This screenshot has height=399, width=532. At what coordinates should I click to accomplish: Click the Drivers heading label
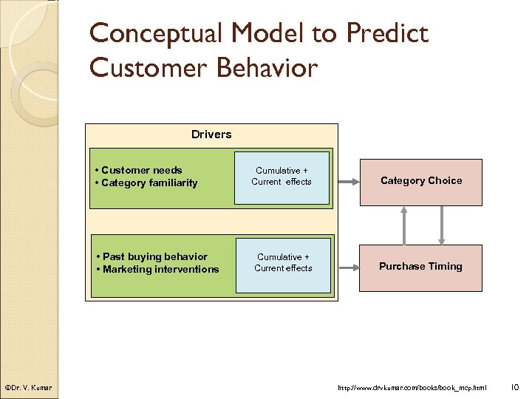211,134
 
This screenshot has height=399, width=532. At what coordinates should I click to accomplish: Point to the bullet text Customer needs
142,170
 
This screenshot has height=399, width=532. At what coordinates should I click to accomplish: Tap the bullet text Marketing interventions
158,270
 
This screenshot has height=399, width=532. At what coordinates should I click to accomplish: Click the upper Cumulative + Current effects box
282,177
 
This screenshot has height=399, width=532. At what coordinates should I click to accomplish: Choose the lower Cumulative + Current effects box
283,262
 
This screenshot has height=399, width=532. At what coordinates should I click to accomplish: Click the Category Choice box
420,181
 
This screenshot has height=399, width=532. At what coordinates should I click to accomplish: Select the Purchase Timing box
420,267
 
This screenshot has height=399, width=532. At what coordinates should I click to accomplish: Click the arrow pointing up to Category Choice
404,225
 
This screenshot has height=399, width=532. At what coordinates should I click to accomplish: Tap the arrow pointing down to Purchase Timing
442,225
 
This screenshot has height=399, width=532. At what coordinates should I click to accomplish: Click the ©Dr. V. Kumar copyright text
27,387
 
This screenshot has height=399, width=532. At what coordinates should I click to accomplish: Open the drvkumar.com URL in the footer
412,387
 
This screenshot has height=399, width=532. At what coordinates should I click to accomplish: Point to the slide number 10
516,386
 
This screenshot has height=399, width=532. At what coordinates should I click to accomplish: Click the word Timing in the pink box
446,267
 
